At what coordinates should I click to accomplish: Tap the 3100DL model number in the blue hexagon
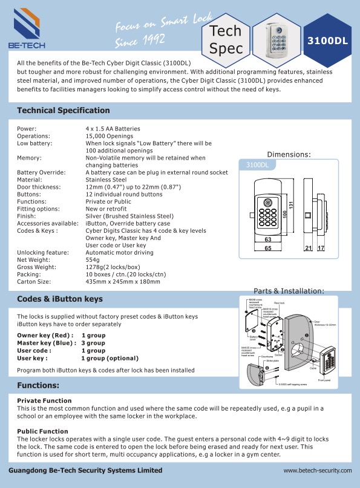327,41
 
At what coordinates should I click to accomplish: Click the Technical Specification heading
64,111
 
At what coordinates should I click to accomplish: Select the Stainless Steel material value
106,180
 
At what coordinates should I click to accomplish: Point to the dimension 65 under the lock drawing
267,249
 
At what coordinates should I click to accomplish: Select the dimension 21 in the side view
308,249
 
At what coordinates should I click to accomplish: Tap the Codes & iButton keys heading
60,299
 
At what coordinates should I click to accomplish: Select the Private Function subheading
44,401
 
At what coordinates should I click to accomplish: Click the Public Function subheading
43,431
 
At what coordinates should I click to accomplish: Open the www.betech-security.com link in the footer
318,470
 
